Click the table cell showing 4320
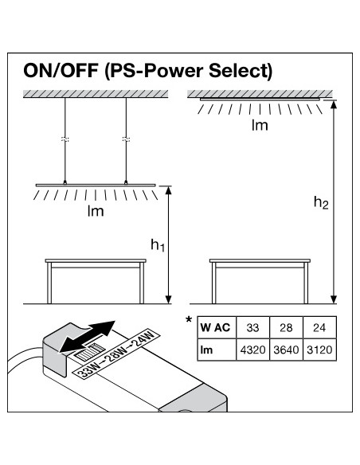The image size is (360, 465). click(252, 350)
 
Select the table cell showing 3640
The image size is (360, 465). click(286, 350)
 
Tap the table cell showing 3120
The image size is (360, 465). click(319, 350)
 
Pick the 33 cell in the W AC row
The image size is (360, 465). click(252, 327)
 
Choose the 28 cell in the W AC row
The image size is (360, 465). click(286, 327)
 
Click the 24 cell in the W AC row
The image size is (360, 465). click(319, 327)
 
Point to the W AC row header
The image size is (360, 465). click(217, 327)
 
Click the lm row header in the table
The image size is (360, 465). click(217, 350)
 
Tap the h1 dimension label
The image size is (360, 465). click(158, 245)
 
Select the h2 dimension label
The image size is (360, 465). click(321, 203)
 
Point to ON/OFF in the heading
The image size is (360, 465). click(61, 71)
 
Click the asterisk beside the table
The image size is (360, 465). click(189, 320)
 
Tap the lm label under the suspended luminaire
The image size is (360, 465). click(96, 211)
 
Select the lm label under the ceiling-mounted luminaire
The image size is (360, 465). click(260, 125)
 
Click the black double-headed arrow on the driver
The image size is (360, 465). click(87, 337)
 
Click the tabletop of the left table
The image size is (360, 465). click(96, 260)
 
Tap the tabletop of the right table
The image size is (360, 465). click(260, 260)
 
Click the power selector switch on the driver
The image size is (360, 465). click(89, 352)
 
